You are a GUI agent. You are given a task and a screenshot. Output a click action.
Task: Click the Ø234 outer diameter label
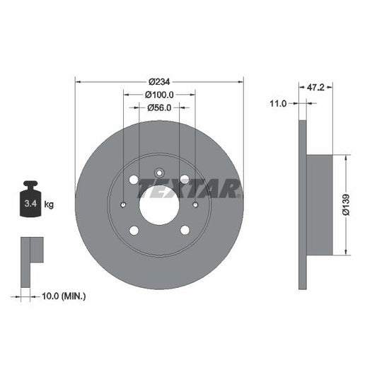tap(159, 81)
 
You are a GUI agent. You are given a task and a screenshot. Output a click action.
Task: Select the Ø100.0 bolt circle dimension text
tap(159, 94)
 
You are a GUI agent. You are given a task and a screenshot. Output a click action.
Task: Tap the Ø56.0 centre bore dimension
tap(159, 108)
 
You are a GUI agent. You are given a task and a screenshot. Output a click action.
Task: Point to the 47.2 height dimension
tap(316, 88)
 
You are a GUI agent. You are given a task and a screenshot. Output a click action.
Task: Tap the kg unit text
tap(50, 204)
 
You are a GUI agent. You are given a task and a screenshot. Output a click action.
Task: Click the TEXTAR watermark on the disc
tap(189, 189)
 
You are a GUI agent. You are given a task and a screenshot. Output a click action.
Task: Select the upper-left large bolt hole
tap(134, 180)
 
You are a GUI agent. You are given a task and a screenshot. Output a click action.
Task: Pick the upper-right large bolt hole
tap(185, 180)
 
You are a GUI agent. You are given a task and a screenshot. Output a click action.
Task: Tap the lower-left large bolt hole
tap(134, 230)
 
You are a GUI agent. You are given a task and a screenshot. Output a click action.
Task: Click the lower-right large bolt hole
tap(185, 230)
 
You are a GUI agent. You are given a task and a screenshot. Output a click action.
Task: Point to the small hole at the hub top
tap(159, 170)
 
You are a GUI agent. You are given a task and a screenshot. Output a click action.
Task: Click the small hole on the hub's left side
tap(124, 205)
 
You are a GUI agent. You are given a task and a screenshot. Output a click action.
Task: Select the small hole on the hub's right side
tap(195, 205)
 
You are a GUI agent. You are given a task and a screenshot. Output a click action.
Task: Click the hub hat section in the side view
tap(320, 204)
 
